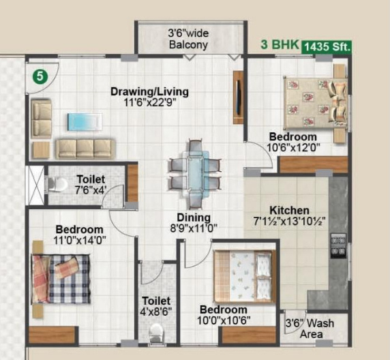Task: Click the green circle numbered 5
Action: coord(40,76)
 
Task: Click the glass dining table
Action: coord(195,174)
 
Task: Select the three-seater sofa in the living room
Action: coord(85,148)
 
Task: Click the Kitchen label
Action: coord(289,210)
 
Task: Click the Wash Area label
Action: coord(314,329)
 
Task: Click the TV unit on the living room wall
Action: coord(238,97)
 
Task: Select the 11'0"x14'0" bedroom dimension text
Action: coord(79,239)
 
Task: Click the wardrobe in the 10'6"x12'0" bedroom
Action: coord(313,164)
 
